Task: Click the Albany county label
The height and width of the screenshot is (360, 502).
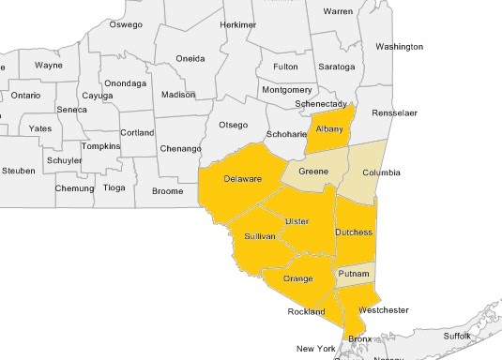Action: [329, 128]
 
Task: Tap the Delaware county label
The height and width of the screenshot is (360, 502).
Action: [242, 179]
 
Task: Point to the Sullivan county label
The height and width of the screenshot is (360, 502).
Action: [259, 237]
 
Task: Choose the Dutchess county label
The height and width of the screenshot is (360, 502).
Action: [354, 232]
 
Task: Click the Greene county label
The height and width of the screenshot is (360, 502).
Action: [313, 172]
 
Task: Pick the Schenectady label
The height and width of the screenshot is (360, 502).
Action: [322, 103]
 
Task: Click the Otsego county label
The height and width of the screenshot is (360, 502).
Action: [233, 125]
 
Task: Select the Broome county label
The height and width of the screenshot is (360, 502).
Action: [167, 191]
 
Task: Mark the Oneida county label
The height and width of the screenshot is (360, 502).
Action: [190, 58]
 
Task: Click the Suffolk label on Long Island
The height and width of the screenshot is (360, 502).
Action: [457, 335]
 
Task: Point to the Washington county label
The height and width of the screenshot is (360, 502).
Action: [400, 46]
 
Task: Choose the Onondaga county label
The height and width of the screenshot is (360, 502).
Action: [125, 82]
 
